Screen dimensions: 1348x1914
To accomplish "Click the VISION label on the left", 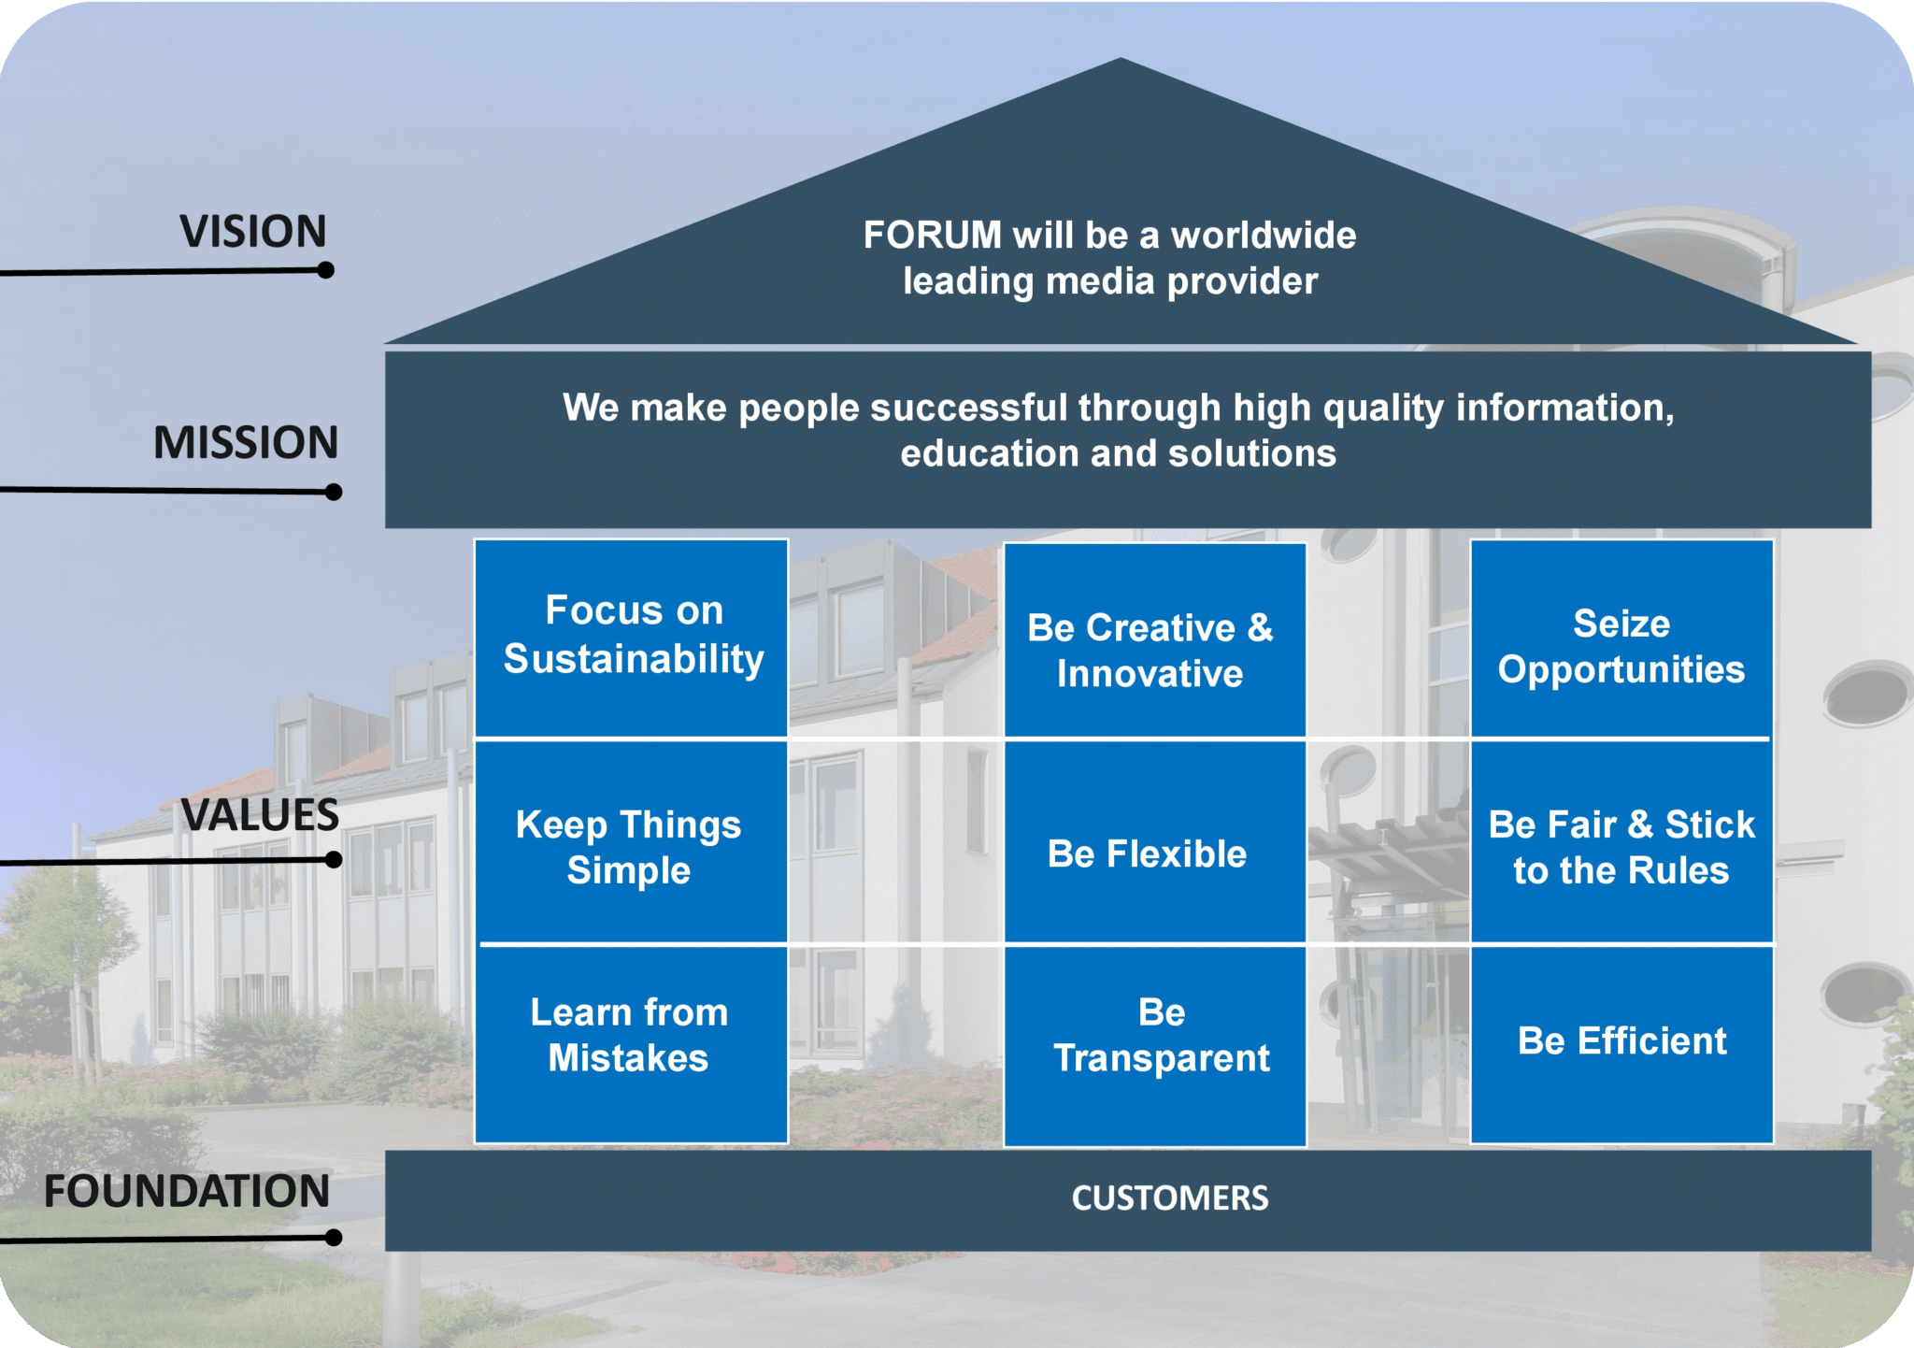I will tap(252, 231).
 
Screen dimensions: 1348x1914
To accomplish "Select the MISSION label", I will tap(246, 442).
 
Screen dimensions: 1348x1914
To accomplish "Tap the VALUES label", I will tap(260, 815).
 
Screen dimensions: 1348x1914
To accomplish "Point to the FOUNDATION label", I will tap(187, 1191).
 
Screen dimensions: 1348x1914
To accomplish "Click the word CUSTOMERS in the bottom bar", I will tap(1169, 1198).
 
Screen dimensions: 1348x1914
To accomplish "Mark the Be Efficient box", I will tap(1621, 1041).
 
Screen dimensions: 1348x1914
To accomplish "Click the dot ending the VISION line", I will tap(325, 270).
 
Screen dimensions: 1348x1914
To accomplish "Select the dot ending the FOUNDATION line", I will tap(334, 1238).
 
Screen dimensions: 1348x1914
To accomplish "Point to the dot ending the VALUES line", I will tap(334, 860).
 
